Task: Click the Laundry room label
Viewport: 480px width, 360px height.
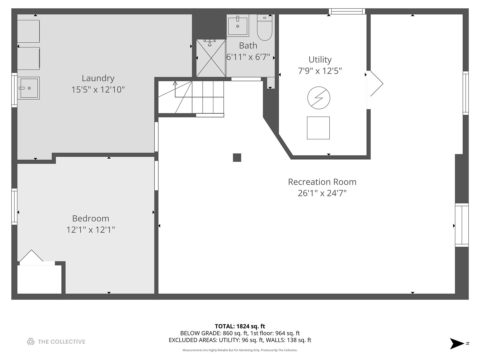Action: pos(98,78)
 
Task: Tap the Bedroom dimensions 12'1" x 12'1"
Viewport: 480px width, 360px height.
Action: pos(91,230)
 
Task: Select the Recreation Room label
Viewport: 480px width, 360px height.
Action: pos(322,182)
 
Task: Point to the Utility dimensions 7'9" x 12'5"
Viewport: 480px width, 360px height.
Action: pos(320,71)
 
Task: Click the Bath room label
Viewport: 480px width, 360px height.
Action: pos(248,46)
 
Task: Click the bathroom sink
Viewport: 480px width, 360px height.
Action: pos(238,25)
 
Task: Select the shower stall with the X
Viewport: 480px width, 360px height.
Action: pos(211,58)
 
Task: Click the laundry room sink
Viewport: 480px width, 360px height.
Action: pos(28,88)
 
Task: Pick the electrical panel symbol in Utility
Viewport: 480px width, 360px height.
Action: pos(319,98)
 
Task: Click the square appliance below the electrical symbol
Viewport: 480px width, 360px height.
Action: pos(318,128)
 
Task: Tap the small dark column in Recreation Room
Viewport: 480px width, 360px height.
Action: pos(237,158)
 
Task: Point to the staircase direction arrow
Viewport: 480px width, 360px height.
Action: pos(175,84)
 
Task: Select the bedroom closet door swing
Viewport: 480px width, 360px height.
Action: pos(31,257)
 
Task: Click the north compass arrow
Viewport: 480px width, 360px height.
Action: pos(457,343)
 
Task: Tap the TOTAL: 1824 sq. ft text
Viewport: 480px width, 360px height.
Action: pos(240,326)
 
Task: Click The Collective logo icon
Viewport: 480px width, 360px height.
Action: pos(31,342)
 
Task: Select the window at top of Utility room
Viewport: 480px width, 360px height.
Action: pos(347,12)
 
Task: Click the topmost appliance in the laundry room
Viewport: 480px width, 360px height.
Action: pos(28,31)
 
